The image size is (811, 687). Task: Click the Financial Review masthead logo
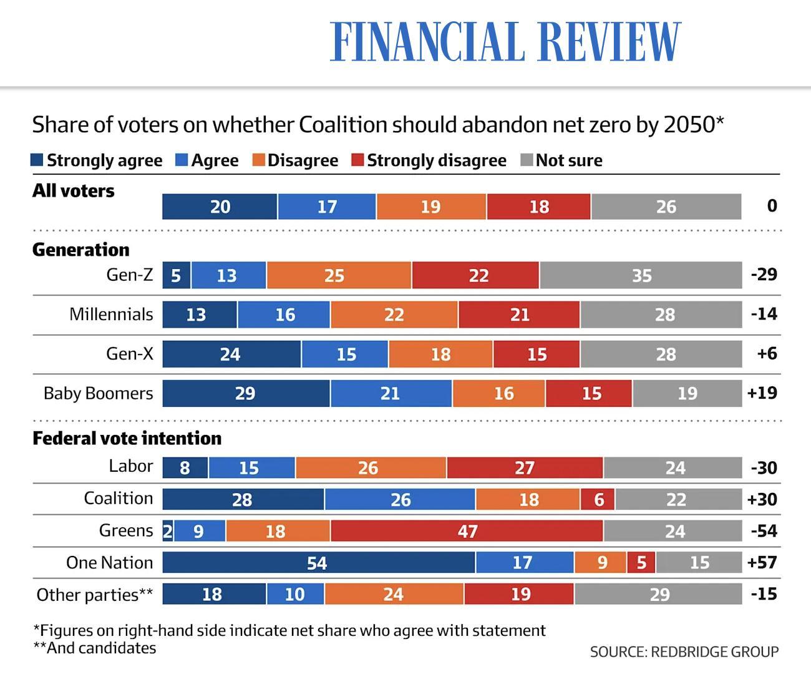505,42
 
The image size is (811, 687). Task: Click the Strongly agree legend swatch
37,160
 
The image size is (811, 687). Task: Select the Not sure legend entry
561,160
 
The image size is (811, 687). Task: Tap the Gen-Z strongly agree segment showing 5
177,275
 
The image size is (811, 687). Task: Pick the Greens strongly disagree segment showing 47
467,531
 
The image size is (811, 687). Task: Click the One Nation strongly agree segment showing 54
318,562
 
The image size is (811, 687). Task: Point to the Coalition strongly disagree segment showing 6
598,499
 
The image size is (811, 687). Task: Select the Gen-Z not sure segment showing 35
641,275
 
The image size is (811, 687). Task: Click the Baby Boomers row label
98,393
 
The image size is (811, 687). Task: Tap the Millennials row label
111,314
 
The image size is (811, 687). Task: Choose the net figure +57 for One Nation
762,562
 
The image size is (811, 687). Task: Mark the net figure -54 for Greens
764,531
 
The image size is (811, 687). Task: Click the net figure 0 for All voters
772,206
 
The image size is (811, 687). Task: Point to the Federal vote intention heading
127,438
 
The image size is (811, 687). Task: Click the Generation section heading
80,250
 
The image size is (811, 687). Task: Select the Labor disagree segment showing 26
371,467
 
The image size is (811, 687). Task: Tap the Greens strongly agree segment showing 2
168,531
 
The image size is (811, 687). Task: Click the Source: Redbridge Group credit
684,651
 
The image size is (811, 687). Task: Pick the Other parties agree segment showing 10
295,594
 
